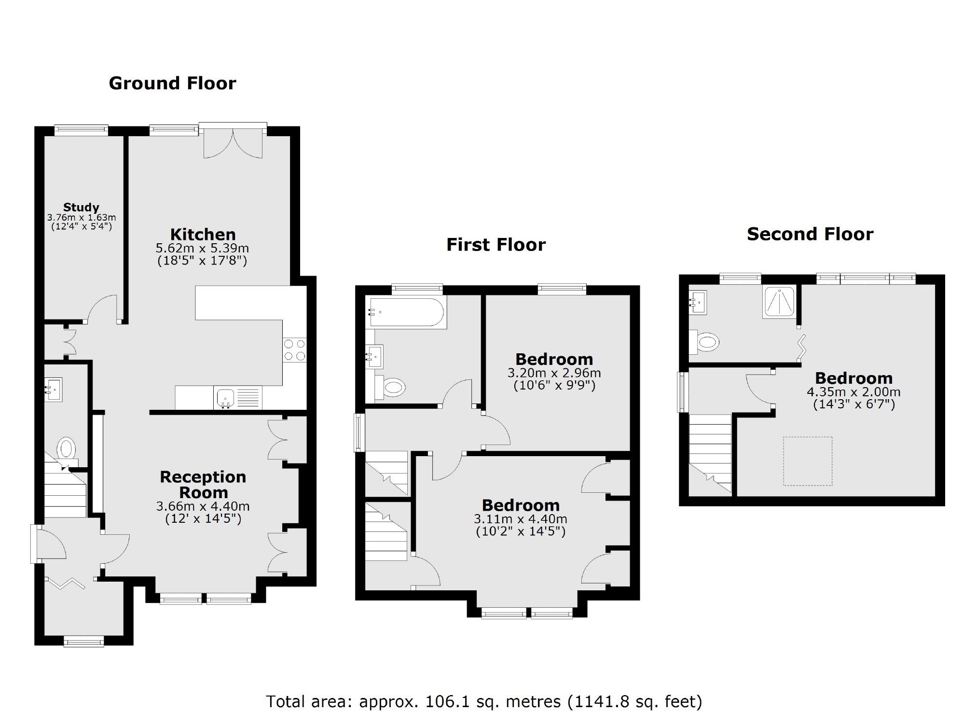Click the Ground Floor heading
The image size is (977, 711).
click(x=172, y=84)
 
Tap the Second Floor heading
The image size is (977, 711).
click(x=810, y=235)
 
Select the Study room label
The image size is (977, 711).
click(x=81, y=207)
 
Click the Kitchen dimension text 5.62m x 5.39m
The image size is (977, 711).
click(x=202, y=249)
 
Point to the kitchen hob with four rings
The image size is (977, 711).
click(x=294, y=350)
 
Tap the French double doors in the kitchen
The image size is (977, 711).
click(x=233, y=143)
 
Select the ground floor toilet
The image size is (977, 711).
click(x=66, y=449)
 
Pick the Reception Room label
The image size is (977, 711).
click(x=203, y=484)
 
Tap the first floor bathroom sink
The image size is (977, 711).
click(x=374, y=356)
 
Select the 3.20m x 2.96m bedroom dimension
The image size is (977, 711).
click(x=554, y=373)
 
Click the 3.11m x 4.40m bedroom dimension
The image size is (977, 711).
click(x=520, y=519)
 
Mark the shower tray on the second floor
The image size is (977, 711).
click(x=779, y=302)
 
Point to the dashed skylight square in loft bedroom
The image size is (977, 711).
click(x=807, y=461)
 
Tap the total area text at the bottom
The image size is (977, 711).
click(x=483, y=701)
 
